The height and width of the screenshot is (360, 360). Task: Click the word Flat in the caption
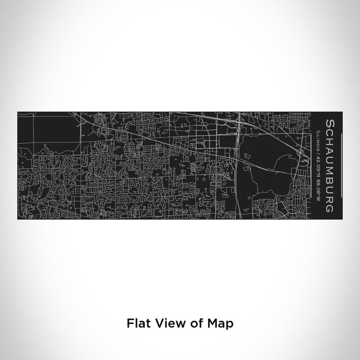137,322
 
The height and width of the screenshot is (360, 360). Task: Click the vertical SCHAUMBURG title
329,166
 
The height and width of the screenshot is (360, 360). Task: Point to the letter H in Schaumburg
329,140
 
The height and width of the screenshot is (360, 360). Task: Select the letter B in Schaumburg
329,178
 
